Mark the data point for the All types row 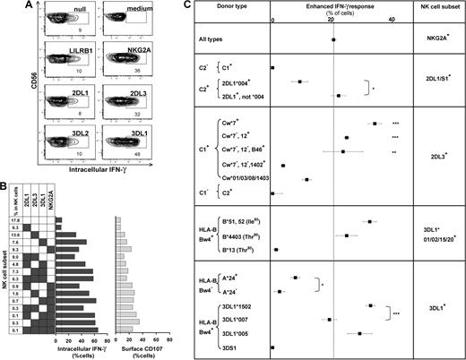pyautogui.click(x=333, y=39)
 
